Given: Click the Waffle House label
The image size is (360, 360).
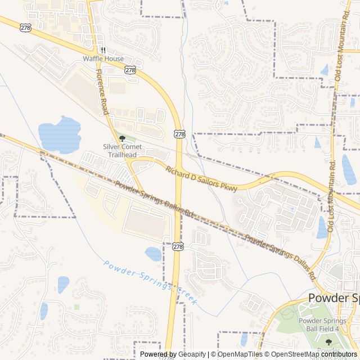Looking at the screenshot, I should pos(103,58).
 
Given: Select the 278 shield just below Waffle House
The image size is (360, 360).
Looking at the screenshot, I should pos(130,70).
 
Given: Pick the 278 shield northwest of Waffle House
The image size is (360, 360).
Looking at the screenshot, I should pos(25,27).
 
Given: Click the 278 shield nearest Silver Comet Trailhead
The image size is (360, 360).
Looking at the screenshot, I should pos(179,134).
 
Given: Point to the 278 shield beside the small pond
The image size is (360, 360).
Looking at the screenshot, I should pos(178,246).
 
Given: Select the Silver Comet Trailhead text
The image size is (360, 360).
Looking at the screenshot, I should pos(122,151).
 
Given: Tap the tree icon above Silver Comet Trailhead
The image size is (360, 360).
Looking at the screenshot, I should pos(122,138).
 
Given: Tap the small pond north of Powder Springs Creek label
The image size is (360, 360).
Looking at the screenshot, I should pos(153,254).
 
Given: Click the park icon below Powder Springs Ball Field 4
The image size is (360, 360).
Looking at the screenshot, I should pos(328,341).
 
